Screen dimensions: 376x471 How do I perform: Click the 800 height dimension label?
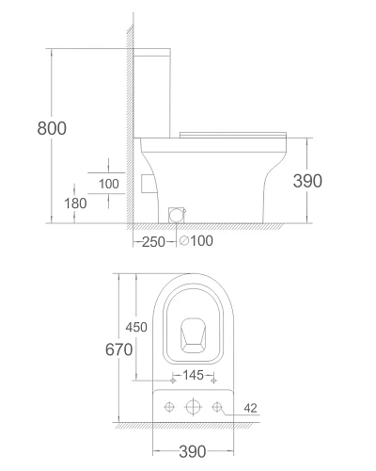[x=52, y=128]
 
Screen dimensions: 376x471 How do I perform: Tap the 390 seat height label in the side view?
[x=307, y=181]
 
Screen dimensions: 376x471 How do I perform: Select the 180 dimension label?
[x=75, y=203]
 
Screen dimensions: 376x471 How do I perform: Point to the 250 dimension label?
[x=153, y=242]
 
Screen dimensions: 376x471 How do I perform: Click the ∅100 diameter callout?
[x=196, y=241]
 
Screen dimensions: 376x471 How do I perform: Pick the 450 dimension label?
[x=136, y=327]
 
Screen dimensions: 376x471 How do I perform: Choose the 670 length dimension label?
[x=118, y=349]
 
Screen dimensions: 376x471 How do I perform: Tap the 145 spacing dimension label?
[x=193, y=375]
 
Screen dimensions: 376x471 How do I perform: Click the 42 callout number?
[x=250, y=408]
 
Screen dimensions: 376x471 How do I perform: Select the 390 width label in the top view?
[x=193, y=451]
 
